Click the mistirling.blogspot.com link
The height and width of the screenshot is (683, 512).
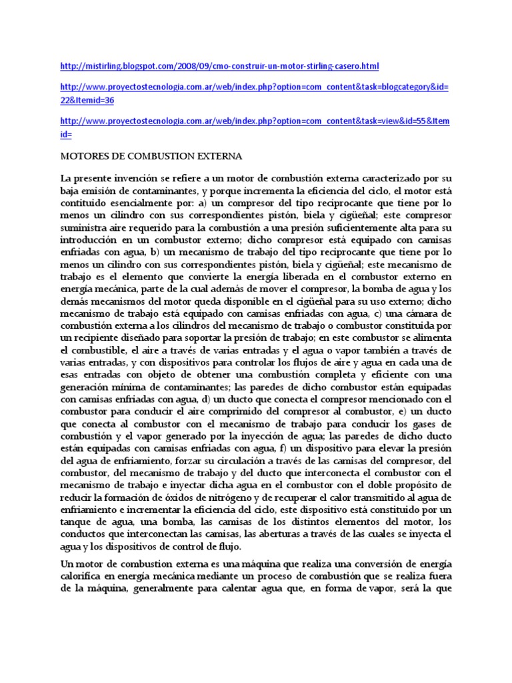219,67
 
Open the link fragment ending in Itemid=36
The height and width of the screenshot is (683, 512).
87,100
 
